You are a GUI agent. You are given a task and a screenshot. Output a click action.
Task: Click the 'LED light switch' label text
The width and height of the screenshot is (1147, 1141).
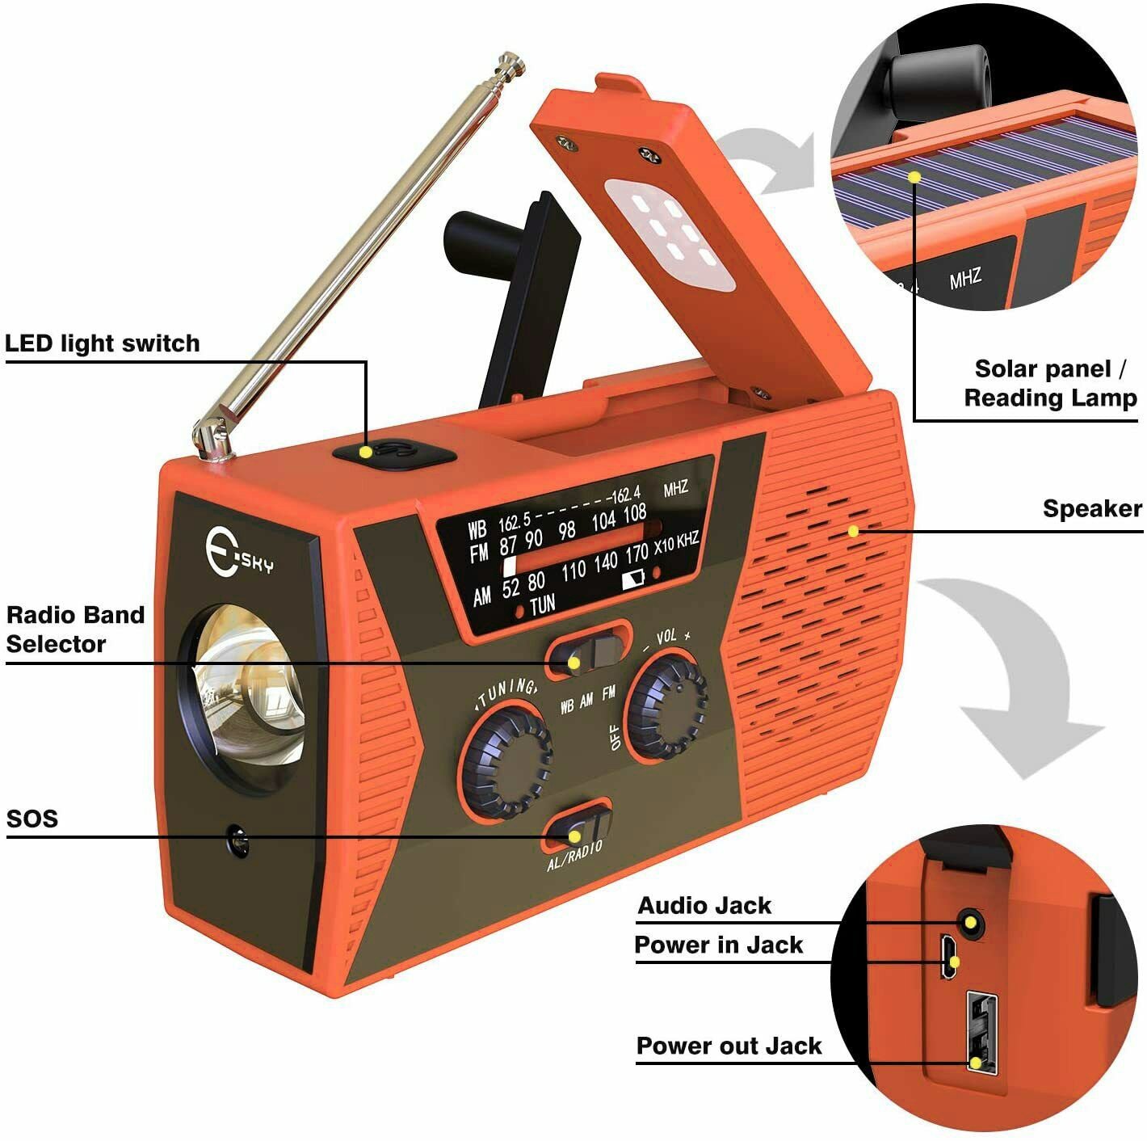[x=102, y=343]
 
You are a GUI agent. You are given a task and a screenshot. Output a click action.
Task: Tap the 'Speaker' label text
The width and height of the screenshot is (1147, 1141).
[x=1091, y=509]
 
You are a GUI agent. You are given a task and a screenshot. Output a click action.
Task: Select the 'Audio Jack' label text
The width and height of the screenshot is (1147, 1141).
[x=704, y=906]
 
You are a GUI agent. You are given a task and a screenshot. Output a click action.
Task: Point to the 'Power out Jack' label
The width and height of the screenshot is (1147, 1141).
[x=729, y=1046]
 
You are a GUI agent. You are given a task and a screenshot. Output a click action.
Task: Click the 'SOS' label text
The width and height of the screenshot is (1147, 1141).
[x=32, y=819]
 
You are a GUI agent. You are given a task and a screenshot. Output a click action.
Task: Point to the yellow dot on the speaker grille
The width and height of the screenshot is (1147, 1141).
[x=853, y=531]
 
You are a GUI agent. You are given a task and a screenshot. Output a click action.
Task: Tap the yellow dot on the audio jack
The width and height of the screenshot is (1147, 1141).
[x=970, y=923]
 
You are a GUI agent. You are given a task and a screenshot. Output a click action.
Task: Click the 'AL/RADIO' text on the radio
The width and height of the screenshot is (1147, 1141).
[x=574, y=856]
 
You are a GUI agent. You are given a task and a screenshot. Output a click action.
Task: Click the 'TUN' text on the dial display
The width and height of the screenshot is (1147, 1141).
[x=542, y=604]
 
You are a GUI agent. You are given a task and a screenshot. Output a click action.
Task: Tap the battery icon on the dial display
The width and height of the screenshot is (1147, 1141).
[x=632, y=578]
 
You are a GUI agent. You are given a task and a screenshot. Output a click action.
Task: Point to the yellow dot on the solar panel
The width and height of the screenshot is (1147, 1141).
[x=915, y=176]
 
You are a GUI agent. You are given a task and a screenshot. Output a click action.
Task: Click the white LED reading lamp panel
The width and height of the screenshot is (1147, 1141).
[x=669, y=234]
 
